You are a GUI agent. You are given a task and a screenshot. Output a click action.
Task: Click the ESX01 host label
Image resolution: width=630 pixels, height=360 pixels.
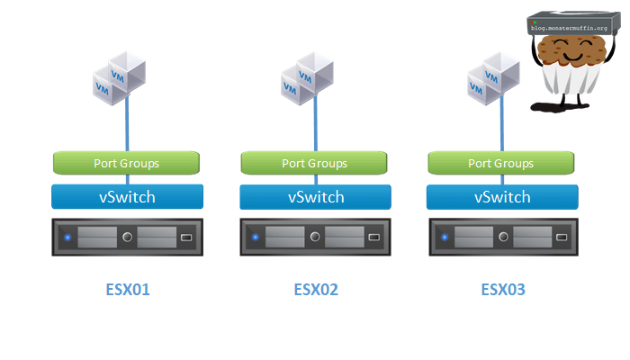coord(127,290)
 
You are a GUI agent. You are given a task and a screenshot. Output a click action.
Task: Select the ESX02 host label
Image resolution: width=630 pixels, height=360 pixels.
coord(316,290)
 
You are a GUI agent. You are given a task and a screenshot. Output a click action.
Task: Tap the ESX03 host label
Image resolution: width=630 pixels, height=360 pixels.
coord(503,290)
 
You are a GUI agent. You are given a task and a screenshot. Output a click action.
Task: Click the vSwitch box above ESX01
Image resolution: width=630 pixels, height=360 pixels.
coord(127,196)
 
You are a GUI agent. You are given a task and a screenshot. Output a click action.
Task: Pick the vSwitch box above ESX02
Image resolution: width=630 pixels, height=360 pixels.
coord(316,196)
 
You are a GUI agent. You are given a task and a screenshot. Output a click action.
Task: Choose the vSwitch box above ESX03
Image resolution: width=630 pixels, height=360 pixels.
coord(502,196)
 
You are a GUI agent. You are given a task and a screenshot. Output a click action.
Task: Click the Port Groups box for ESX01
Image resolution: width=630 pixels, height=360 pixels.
coord(127,163)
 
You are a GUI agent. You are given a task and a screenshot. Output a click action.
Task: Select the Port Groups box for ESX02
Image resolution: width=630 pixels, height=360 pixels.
coord(314,163)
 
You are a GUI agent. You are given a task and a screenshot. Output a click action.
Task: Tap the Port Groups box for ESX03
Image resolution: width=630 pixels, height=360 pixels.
coord(501,163)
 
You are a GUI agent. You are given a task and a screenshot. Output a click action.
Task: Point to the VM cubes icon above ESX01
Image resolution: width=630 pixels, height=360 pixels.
coord(120,76)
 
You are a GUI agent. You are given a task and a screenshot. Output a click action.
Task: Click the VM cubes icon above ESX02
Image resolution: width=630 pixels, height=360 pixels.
coord(308,76)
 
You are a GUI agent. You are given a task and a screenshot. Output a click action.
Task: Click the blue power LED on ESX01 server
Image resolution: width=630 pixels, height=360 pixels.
coord(67,238)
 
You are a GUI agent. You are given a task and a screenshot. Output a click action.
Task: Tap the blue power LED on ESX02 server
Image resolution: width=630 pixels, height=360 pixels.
coord(255,238)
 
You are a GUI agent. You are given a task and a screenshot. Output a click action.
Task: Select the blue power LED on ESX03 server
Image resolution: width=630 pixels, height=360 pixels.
coord(442,238)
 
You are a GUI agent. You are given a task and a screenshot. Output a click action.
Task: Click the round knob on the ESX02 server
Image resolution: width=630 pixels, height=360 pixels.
coord(315,238)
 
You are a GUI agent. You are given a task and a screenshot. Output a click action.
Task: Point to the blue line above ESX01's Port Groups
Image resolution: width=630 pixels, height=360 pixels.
coord(127,126)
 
